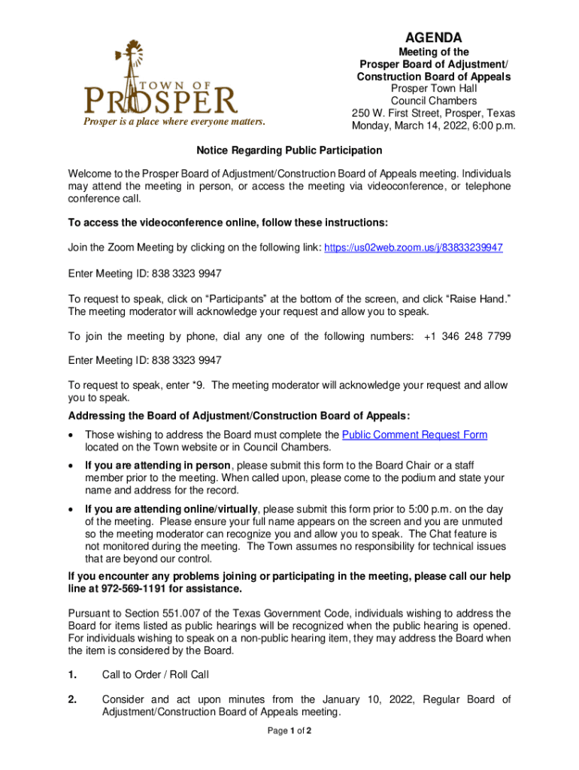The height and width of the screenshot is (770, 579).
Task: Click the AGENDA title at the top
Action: coord(434,38)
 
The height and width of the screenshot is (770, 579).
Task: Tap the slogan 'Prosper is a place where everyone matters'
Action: coord(174,122)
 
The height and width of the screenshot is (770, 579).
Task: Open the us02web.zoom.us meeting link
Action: coord(413,247)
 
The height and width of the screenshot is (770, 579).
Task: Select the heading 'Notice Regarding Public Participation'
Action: coord(289,150)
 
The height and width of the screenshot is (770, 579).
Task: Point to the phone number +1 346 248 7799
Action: coord(468,336)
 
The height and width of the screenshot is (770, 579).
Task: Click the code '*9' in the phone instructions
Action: coord(197,386)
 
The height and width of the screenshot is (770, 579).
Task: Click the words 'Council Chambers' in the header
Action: coord(433,101)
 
